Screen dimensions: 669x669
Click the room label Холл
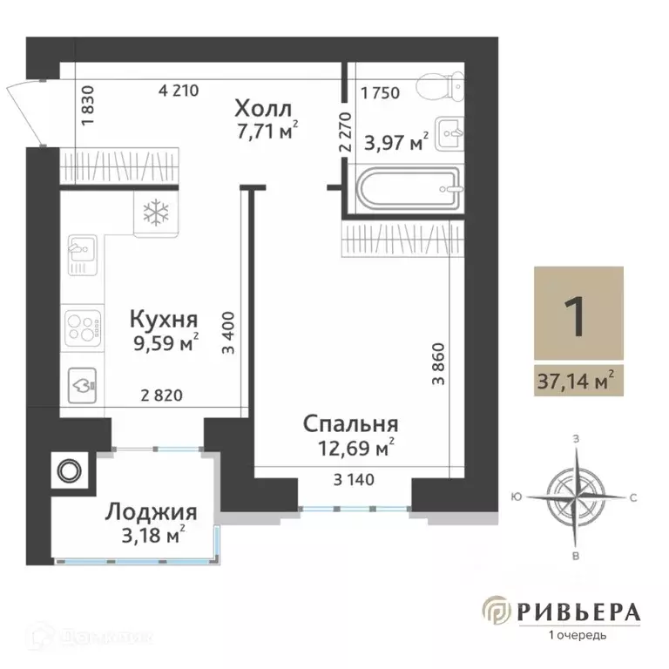pyautogui.click(x=267, y=110)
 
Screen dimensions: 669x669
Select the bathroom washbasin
pyautogui.click(x=451, y=133)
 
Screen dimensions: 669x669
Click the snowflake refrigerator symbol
pyautogui.click(x=155, y=212)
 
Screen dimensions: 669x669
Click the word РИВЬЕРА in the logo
pyautogui.click(x=577, y=611)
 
